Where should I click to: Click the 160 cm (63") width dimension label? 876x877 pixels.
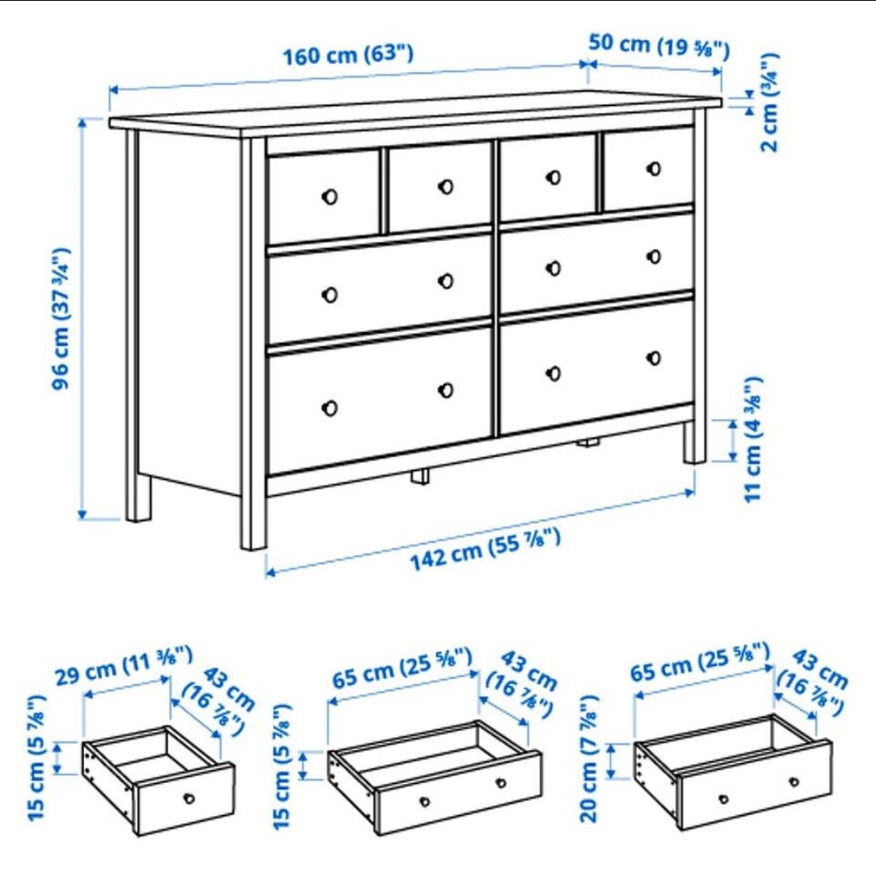point(348,55)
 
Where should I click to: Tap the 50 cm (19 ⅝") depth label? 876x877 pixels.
point(659,46)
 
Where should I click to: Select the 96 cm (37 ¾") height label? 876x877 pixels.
point(60,318)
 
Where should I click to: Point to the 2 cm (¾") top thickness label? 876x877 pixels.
point(769,102)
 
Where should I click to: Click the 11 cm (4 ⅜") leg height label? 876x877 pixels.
point(753,440)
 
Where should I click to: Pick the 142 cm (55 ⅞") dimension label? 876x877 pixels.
point(485,549)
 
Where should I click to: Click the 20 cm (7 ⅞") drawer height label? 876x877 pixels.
point(589,758)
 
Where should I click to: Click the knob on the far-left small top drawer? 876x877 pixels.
point(329,196)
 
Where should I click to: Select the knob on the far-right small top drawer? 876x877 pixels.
point(653,168)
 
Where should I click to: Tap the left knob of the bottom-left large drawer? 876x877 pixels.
point(329,408)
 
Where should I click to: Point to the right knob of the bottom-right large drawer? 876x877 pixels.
point(653,358)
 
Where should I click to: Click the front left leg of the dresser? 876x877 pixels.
point(254,344)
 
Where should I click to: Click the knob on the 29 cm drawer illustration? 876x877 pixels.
point(189,799)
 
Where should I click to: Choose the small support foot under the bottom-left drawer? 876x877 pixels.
point(420,476)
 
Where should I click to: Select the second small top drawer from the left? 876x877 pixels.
point(440,187)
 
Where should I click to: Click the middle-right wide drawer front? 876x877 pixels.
point(597,262)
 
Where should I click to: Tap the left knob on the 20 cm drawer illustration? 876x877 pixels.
point(724,799)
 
